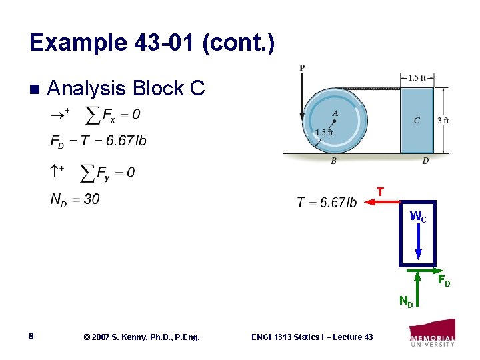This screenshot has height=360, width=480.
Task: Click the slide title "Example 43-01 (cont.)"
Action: pos(151,43)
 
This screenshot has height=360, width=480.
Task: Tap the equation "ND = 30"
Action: pos(75,199)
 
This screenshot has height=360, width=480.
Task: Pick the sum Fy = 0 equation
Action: pos(107,173)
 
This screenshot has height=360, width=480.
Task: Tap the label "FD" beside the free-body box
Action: pos(443,280)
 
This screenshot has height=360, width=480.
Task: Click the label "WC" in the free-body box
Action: pos(417,217)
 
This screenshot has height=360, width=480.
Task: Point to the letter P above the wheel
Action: pos(302,67)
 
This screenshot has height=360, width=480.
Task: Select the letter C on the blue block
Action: pos(417,121)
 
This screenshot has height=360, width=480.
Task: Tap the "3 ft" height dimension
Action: pos(443,121)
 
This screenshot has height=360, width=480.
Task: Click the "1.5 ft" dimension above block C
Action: pos(417,77)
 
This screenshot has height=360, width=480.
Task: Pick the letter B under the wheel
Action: pos(334,160)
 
